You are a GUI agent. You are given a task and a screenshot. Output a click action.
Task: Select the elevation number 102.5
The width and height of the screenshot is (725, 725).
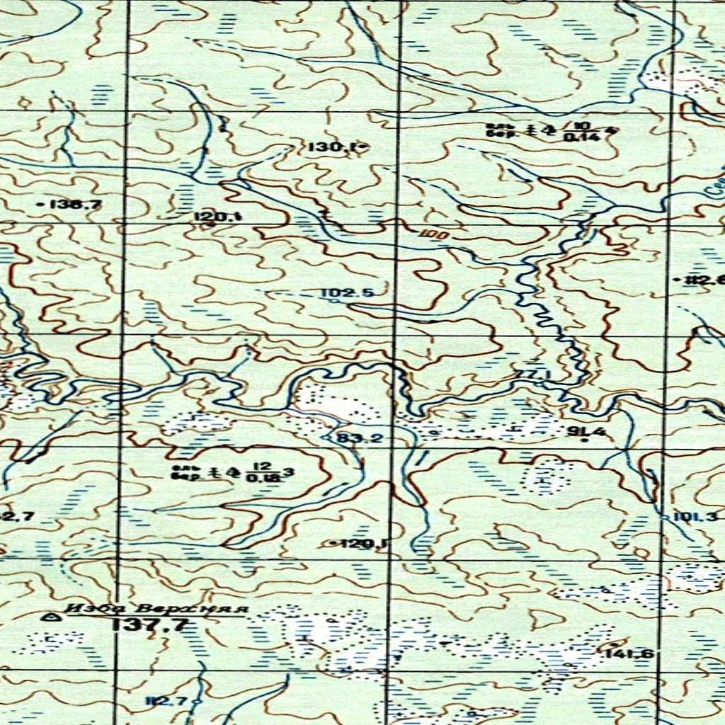pyautogui.click(x=347, y=292)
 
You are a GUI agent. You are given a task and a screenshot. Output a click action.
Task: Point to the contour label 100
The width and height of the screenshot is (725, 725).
pyautogui.click(x=428, y=234)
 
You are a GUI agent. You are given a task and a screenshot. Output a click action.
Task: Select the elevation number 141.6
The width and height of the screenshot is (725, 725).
pyautogui.click(x=629, y=653)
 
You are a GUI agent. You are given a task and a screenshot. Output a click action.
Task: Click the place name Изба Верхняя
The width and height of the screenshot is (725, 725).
pyautogui.click(x=156, y=609)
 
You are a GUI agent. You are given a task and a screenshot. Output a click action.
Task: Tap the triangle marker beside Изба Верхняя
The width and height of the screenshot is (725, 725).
pyautogui.click(x=50, y=617)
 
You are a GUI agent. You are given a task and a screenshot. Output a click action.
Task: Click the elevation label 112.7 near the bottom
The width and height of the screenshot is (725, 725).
pyautogui.click(x=165, y=701)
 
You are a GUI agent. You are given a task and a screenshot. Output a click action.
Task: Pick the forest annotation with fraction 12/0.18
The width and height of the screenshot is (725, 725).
pyautogui.click(x=232, y=472)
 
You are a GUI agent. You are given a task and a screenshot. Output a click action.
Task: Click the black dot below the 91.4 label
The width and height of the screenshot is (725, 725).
pyautogui.click(x=584, y=440)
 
